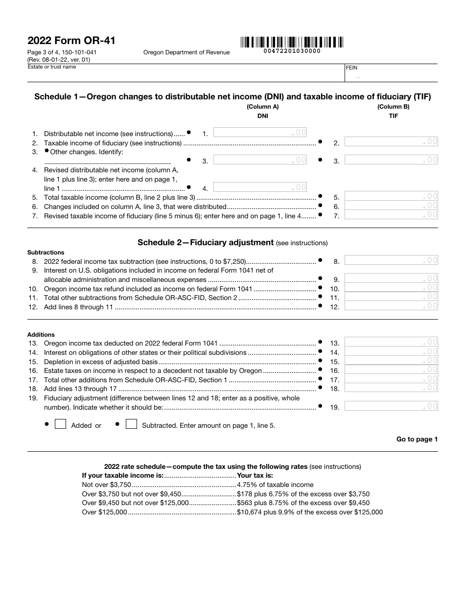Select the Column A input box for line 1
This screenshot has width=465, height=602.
tap(260, 132)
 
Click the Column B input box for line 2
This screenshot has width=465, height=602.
tap(391, 142)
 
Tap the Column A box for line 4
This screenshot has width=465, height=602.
tap(260, 187)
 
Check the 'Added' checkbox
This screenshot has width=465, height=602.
tap(60, 424)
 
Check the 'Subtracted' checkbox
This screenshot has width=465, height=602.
tap(131, 424)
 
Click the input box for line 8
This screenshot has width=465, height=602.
tap(391, 260)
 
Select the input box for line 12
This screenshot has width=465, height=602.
tap(391, 306)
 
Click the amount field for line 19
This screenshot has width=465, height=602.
tap(391, 406)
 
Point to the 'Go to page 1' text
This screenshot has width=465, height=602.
tap(417, 439)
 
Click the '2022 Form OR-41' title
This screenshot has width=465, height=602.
tap(71, 41)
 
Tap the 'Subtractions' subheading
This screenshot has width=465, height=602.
tap(46, 253)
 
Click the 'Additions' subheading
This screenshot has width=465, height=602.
tap(41, 335)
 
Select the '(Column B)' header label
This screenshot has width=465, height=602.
tap(393, 107)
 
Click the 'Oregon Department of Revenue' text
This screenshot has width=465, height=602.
tap(186, 52)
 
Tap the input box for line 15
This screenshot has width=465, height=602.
tap(391, 361)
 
